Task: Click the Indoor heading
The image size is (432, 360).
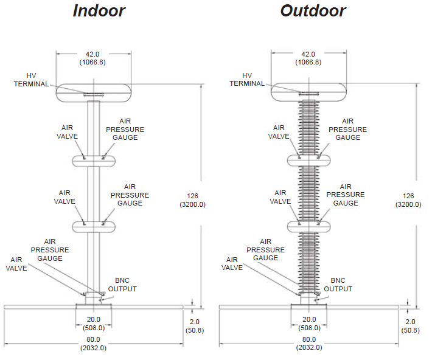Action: point(99,11)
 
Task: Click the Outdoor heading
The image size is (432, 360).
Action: point(313,11)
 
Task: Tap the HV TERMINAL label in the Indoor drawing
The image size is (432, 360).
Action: point(31,80)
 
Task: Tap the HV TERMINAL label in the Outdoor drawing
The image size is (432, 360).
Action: point(247,79)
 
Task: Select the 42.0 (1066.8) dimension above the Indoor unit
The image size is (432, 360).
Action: point(92,58)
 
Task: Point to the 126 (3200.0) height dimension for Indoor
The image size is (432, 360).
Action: point(192,200)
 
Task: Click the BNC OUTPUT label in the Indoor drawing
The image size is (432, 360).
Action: point(122,285)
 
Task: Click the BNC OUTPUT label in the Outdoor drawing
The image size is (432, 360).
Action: point(338,285)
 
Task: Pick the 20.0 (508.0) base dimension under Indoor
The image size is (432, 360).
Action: point(93,324)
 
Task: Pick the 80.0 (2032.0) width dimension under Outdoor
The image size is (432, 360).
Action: point(308,344)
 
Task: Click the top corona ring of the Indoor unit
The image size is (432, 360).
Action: point(93,92)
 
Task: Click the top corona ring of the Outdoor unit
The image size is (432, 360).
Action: point(308,92)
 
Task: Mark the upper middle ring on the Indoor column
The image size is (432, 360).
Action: point(93,161)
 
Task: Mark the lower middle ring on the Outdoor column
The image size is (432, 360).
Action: point(308,227)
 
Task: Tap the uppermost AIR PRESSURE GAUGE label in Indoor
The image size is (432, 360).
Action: point(125,129)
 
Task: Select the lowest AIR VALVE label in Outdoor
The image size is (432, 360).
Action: point(232,263)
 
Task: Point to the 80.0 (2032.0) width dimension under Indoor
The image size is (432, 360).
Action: point(93,344)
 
